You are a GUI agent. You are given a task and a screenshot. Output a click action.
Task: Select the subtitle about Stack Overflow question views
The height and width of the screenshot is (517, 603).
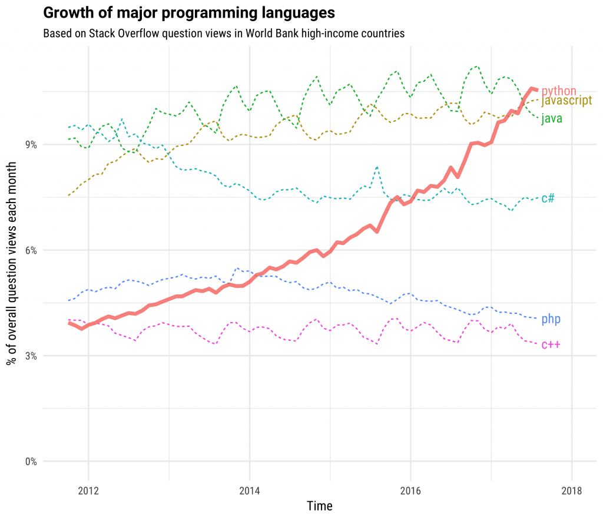click(x=224, y=33)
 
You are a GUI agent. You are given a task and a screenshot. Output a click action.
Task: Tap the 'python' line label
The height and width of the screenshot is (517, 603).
click(x=559, y=91)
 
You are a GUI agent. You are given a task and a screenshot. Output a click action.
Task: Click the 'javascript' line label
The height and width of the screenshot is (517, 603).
click(x=566, y=101)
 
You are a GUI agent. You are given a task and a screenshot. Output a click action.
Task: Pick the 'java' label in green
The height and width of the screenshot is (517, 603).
click(x=552, y=118)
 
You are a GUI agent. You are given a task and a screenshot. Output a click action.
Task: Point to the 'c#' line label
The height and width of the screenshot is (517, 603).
click(x=548, y=198)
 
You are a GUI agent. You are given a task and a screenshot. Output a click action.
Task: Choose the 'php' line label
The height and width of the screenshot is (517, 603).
click(x=551, y=319)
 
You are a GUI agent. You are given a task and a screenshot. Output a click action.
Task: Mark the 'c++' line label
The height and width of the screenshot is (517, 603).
click(x=551, y=344)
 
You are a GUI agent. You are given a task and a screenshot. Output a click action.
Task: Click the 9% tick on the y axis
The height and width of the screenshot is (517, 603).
click(x=29, y=145)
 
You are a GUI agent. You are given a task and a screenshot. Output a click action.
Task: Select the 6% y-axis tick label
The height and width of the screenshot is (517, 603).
click(x=29, y=250)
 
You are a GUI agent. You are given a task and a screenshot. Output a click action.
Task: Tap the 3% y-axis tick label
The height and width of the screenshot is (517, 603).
click(x=29, y=356)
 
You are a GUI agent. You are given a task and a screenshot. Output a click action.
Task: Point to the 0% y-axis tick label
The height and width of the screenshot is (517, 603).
click(x=29, y=461)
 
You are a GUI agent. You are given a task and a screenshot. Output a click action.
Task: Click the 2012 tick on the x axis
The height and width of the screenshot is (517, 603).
click(x=88, y=491)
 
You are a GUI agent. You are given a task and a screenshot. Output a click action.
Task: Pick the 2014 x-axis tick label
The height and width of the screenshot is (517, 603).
click(x=250, y=491)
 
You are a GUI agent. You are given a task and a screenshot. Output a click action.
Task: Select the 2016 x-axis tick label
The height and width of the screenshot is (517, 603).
click(x=410, y=491)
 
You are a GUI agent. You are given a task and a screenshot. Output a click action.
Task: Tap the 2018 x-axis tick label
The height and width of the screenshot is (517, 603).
click(x=572, y=491)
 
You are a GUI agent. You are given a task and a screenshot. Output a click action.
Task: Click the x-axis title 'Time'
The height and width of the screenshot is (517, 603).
click(x=320, y=506)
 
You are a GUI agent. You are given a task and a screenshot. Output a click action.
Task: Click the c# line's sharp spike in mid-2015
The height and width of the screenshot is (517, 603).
click(x=376, y=167)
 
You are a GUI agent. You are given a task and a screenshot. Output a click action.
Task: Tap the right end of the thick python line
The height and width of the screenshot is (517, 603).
click(x=536, y=90)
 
